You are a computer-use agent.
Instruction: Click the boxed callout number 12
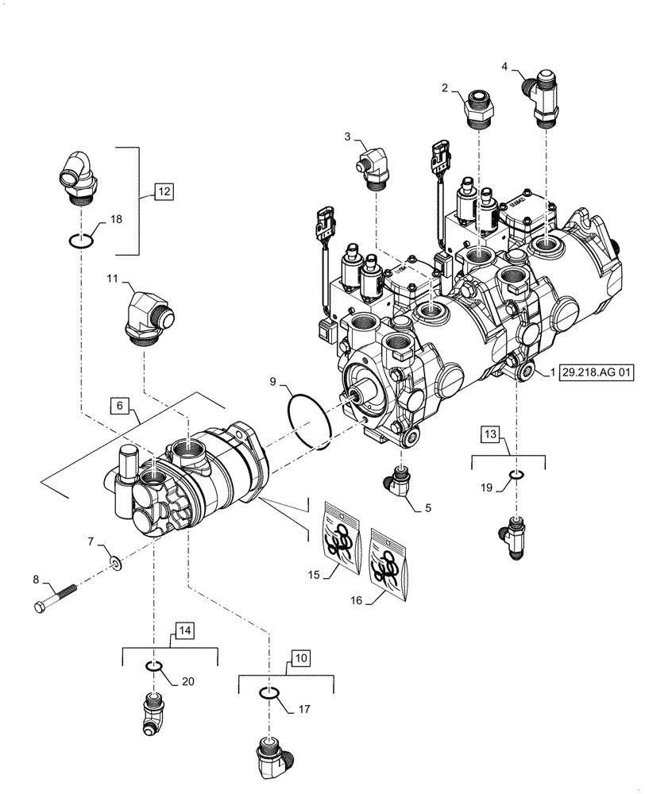162,191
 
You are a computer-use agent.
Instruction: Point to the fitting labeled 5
400,483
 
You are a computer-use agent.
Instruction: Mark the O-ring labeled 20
156,665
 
